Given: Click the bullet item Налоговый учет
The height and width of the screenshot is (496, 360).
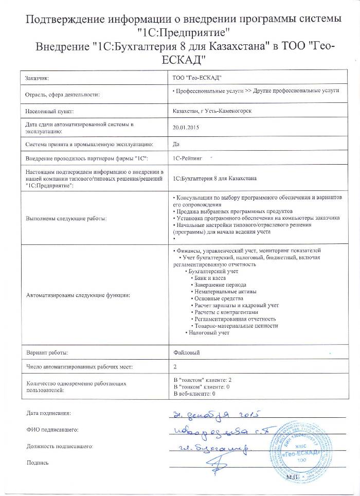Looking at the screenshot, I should [208, 333].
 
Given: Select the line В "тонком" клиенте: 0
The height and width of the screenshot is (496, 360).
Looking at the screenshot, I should [202, 386].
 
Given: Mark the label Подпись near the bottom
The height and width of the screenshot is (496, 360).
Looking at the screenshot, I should [37, 463].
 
